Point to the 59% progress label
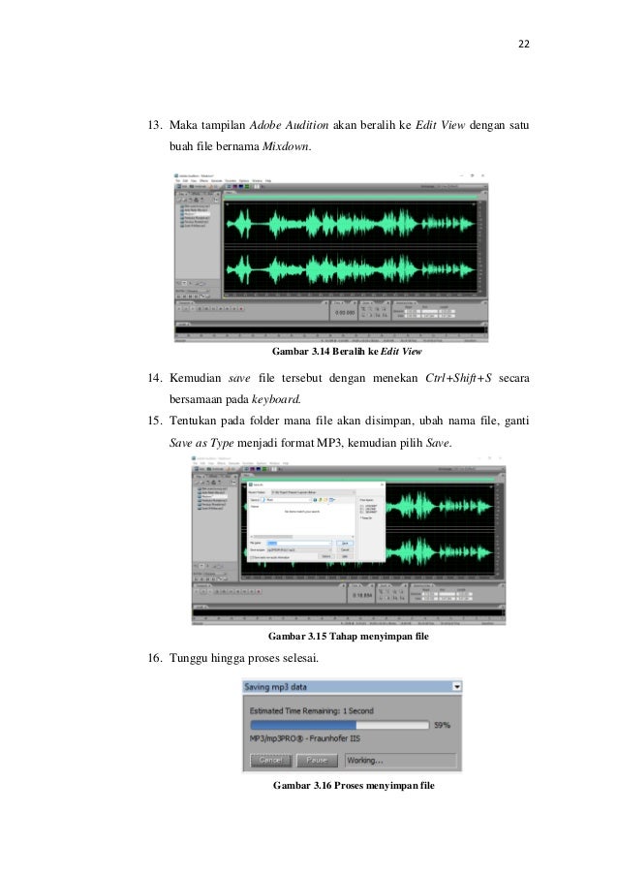coord(442,724)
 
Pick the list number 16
coord(153,658)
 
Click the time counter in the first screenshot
coord(345,313)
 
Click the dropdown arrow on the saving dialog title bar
coord(454,686)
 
